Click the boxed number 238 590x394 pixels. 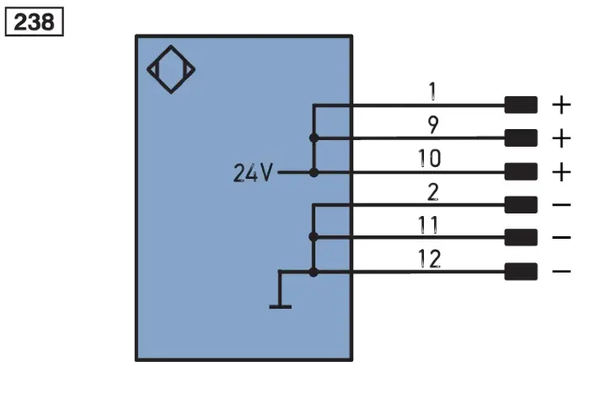pyautogui.click(x=35, y=22)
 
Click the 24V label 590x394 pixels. pyautogui.click(x=253, y=173)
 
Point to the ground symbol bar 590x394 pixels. pyautogui.click(x=281, y=307)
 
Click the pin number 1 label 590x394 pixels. pyautogui.click(x=432, y=91)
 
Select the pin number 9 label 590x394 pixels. pyautogui.click(x=433, y=125)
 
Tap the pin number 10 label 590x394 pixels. pyautogui.click(x=430, y=159)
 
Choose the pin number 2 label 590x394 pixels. pyautogui.click(x=433, y=192)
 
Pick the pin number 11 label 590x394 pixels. pyautogui.click(x=428, y=225)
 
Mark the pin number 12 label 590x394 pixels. pyautogui.click(x=429, y=258)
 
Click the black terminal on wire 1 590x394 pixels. pyautogui.click(x=521, y=105)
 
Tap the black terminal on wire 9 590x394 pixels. pyautogui.click(x=521, y=138)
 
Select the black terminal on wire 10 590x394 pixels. pyautogui.click(x=521, y=172)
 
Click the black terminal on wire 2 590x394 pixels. pyautogui.click(x=521, y=204)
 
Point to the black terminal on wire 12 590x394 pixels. pyautogui.click(x=521, y=272)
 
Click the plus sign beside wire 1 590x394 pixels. pyautogui.click(x=561, y=105)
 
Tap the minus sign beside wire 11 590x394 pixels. pyautogui.click(x=562, y=237)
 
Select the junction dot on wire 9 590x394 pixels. pyautogui.click(x=314, y=138)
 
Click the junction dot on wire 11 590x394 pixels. pyautogui.click(x=314, y=237)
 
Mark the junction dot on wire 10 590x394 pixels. pyautogui.click(x=314, y=172)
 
